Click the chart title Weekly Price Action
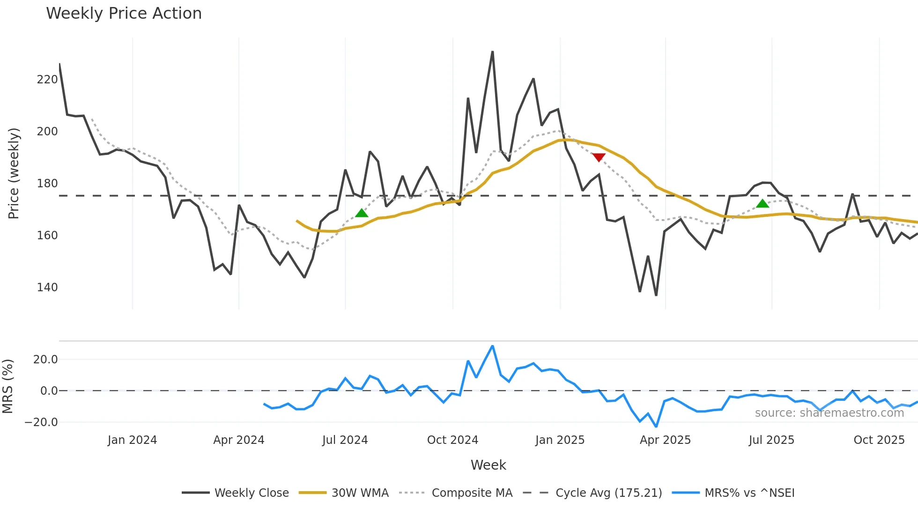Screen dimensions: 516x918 pos(124,13)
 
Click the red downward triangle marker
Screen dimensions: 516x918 pos(599,157)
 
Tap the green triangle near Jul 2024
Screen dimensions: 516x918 pos(362,213)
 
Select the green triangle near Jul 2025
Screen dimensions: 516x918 pos(763,204)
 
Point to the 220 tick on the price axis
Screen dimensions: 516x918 pos(47,80)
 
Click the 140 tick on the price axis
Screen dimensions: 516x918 pos(47,287)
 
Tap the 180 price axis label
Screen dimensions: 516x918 pos(47,184)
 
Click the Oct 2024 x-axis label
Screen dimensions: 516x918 pos(452,440)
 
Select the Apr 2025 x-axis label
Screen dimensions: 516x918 pos(665,440)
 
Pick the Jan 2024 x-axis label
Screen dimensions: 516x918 pos(132,440)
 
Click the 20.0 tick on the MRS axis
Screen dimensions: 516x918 pos(45,360)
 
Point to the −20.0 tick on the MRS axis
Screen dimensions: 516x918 pos(41,422)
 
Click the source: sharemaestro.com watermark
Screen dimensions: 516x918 pos(829,413)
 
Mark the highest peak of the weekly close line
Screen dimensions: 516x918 pos(493,52)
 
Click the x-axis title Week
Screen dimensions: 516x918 pos(488,465)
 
